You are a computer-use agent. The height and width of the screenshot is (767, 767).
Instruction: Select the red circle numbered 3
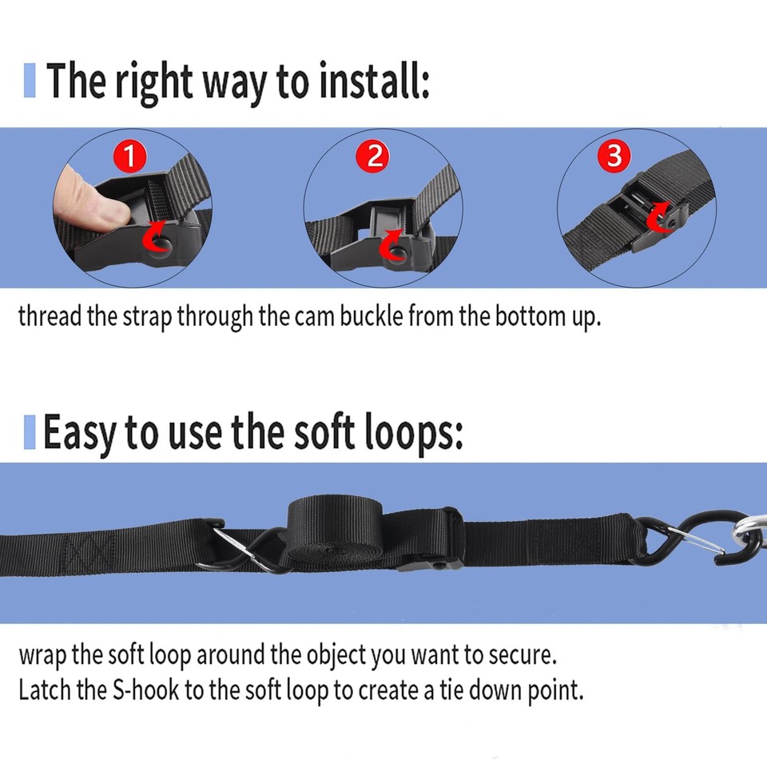pyautogui.click(x=613, y=156)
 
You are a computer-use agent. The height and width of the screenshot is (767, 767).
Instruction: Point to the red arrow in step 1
pyautogui.click(x=155, y=238)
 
